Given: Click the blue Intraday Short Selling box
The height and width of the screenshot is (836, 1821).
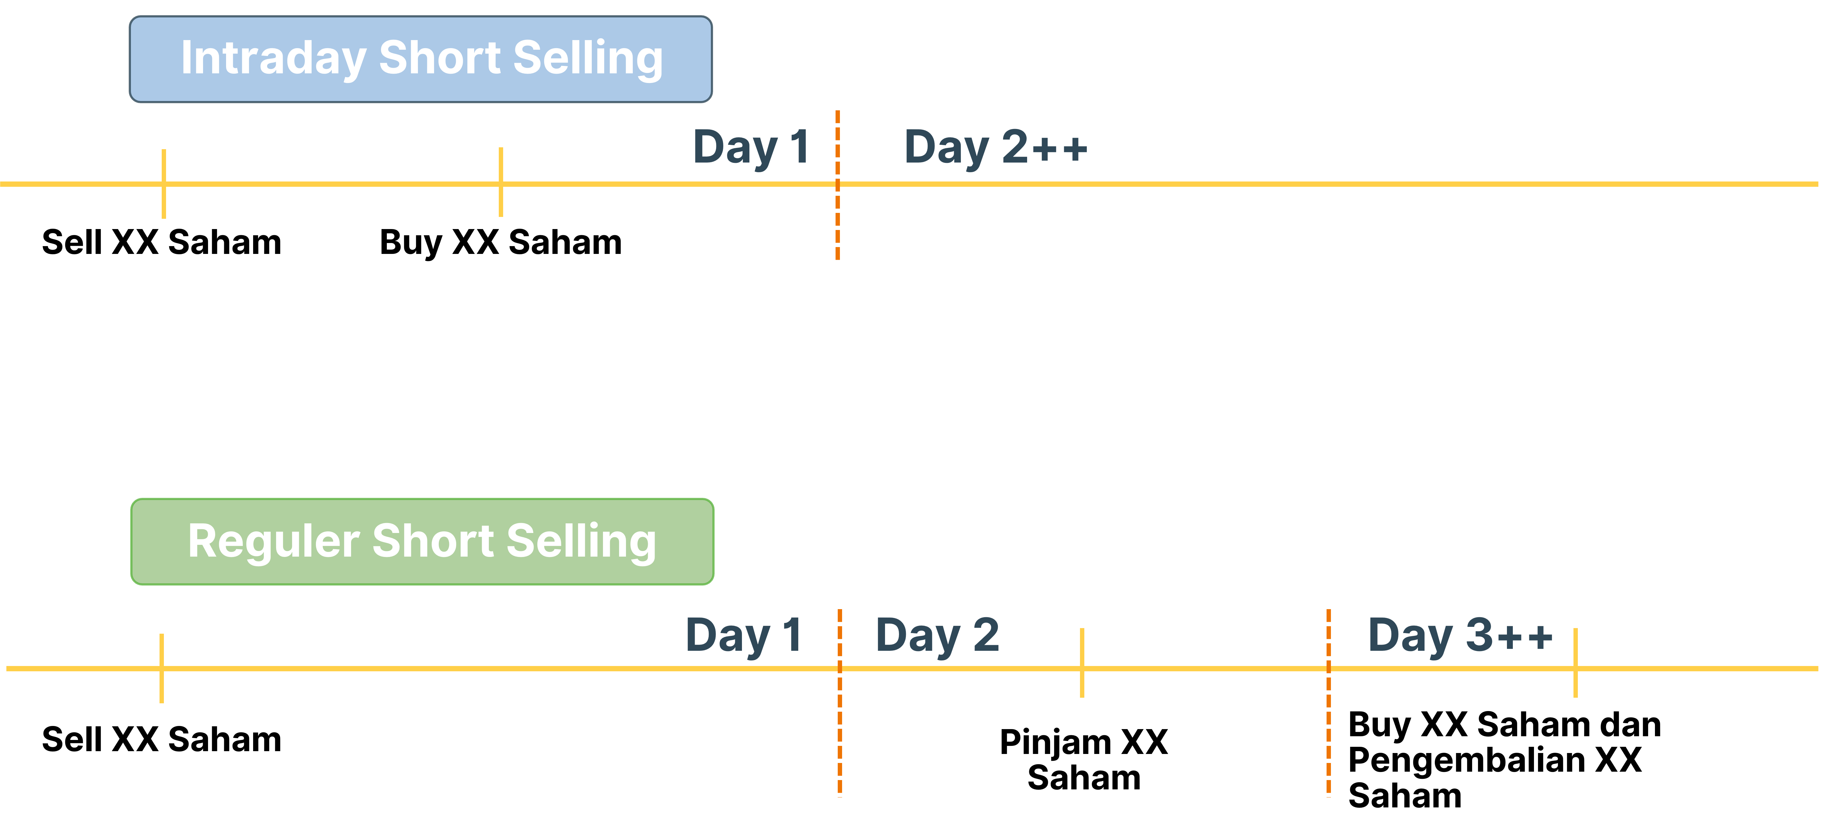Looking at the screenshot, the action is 421,59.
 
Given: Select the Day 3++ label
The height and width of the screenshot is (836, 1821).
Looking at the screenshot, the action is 1461,635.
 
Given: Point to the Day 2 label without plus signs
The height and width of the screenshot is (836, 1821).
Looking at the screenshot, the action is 937,635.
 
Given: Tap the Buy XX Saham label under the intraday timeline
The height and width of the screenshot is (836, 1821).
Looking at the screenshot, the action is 500,242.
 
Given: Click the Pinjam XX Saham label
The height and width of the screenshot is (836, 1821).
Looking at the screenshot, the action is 1084,760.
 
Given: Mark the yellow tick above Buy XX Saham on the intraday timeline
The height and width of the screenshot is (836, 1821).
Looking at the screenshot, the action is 500,181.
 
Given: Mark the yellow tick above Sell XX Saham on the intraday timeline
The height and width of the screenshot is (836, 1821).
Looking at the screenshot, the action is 163,184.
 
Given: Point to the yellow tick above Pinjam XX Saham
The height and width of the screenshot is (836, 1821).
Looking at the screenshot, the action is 1082,663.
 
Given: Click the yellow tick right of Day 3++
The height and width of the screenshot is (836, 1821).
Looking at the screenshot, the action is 1575,663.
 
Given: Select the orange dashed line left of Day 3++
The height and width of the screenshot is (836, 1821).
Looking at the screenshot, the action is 1328,703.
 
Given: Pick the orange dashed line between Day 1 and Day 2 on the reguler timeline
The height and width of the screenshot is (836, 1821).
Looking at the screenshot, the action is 840,703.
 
